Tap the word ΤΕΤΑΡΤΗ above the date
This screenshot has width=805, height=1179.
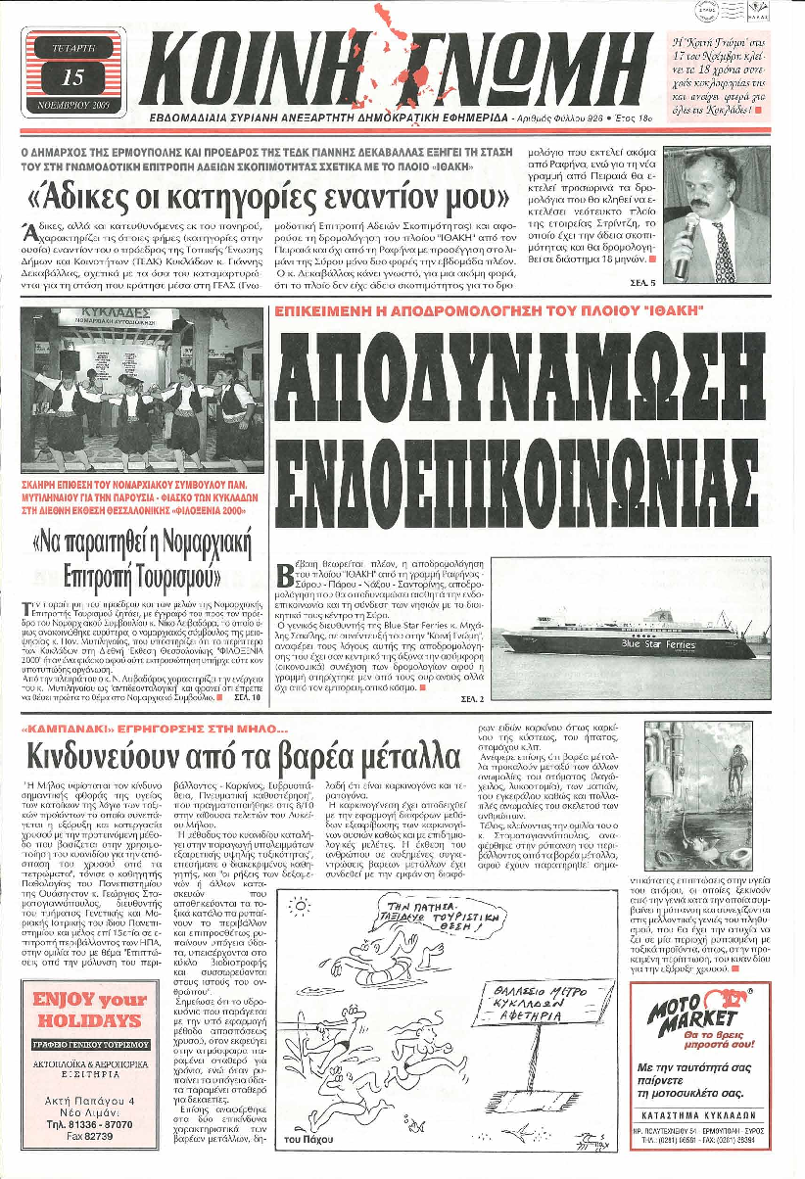click(72, 46)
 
